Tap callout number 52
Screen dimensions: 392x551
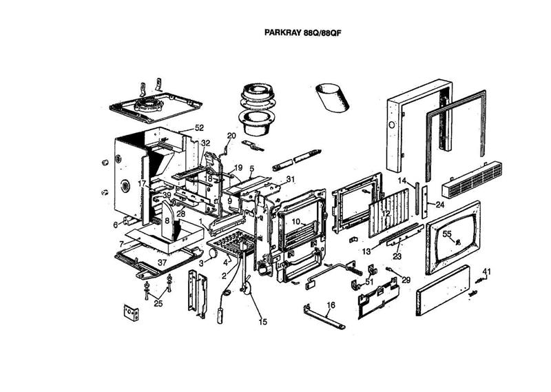pyautogui.click(x=200, y=128)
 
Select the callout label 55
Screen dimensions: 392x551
pyautogui.click(x=446, y=235)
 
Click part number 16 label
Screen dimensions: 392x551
pyautogui.click(x=331, y=305)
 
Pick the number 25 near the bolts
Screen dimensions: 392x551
pyautogui.click(x=158, y=304)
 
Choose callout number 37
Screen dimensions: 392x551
pyautogui.click(x=163, y=262)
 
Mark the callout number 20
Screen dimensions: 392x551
pyautogui.click(x=231, y=136)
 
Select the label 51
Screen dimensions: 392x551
pyautogui.click(x=369, y=281)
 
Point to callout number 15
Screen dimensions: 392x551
pyautogui.click(x=262, y=322)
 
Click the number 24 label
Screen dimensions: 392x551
pyautogui.click(x=439, y=205)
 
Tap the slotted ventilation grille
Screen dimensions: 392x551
pyautogui.click(x=476, y=178)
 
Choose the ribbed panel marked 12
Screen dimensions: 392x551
pyautogui.click(x=391, y=215)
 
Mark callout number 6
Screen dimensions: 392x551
pyautogui.click(x=115, y=225)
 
